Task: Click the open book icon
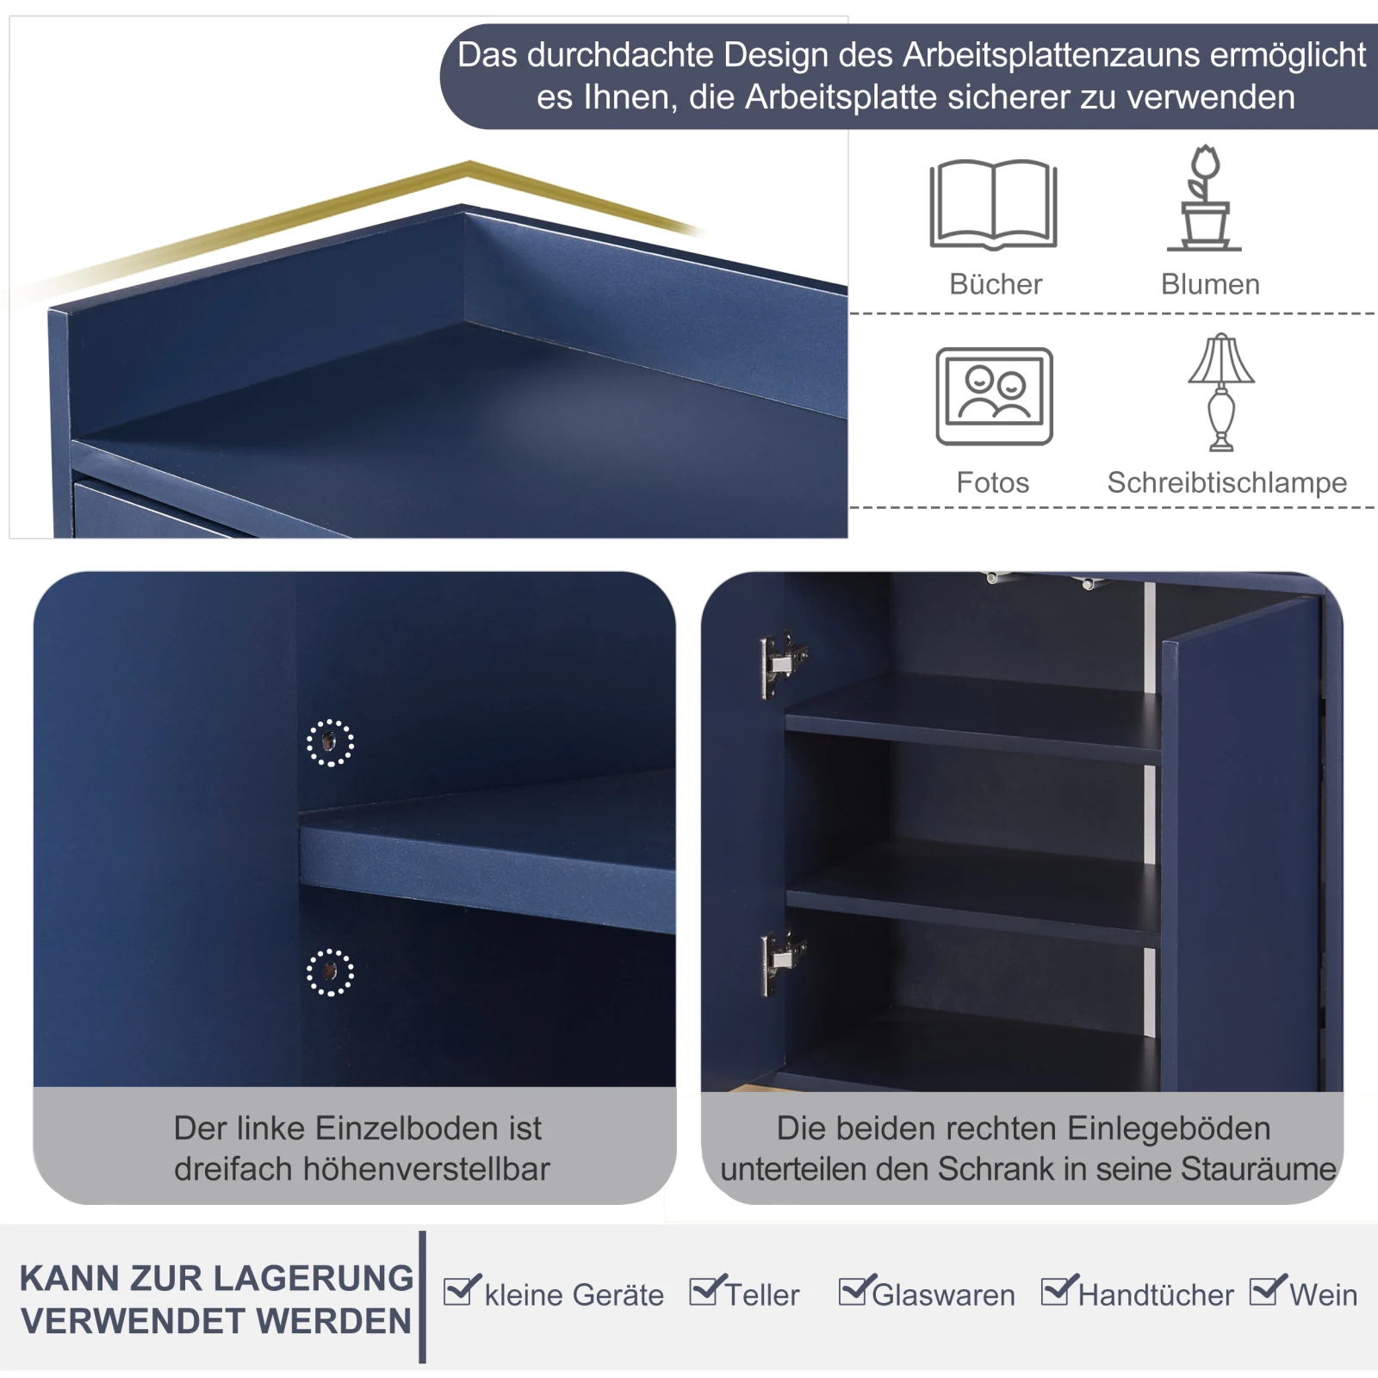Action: click(993, 205)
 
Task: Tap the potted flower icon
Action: click(1205, 199)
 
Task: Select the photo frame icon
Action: click(994, 396)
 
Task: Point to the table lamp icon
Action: click(1221, 393)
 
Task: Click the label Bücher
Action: click(996, 284)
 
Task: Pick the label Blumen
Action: click(1210, 284)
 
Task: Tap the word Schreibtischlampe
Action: click(1226, 482)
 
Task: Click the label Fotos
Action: click(992, 482)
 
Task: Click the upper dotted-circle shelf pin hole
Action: click(330, 742)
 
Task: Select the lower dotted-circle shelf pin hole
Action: click(330, 972)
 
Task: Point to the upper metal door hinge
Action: click(781, 663)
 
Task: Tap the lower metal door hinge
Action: click(781, 960)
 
